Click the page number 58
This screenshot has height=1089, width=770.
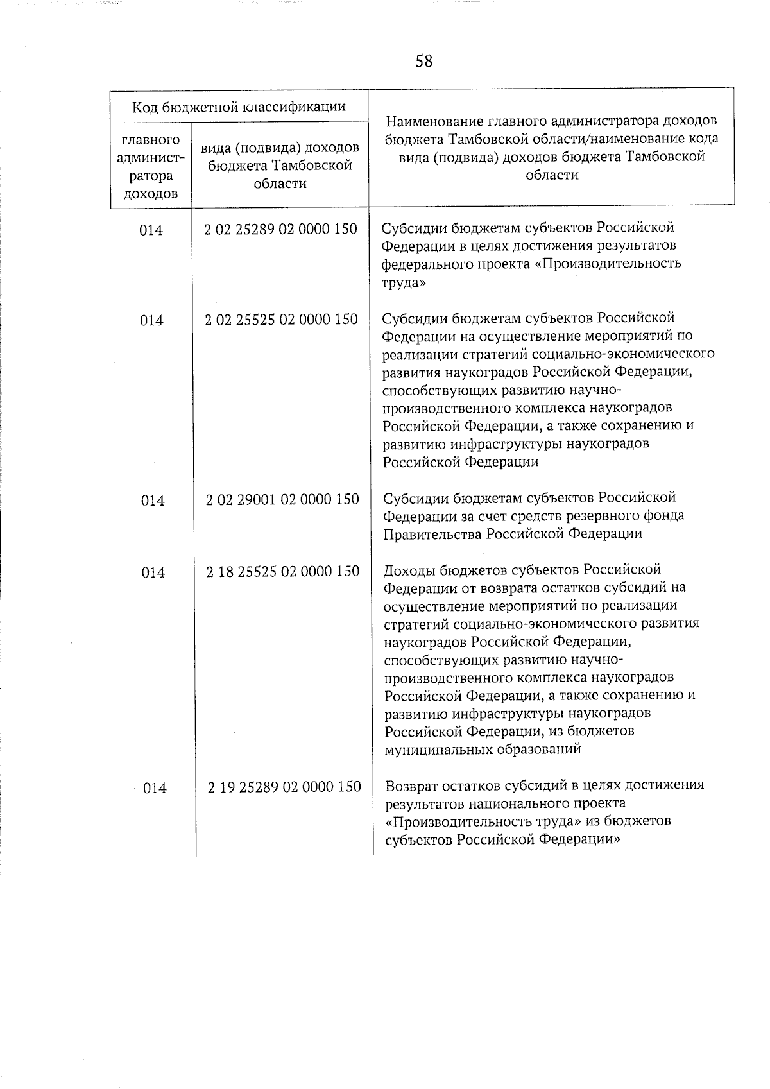pyautogui.click(x=424, y=61)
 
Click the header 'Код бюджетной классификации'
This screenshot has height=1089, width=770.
pyautogui.click(x=239, y=107)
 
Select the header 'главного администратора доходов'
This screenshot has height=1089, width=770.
pyautogui.click(x=150, y=166)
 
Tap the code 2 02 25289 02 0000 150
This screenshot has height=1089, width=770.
pyautogui.click(x=280, y=229)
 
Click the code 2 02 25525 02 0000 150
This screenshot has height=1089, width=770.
pyautogui.click(x=281, y=319)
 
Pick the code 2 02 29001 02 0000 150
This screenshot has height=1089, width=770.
pyautogui.click(x=282, y=499)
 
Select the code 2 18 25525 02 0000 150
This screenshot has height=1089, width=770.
pyautogui.click(x=283, y=570)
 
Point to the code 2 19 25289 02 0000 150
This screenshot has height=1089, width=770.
pyautogui.click(x=284, y=786)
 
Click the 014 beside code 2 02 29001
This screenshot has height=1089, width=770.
pyautogui.click(x=153, y=500)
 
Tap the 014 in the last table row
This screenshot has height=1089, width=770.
pyautogui.click(x=154, y=787)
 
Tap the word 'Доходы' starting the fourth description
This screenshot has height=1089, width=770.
pyautogui.click(x=409, y=570)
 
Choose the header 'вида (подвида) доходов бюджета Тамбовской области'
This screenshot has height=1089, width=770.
pyautogui.click(x=280, y=166)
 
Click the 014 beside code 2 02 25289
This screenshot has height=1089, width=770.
pyautogui.click(x=151, y=230)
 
